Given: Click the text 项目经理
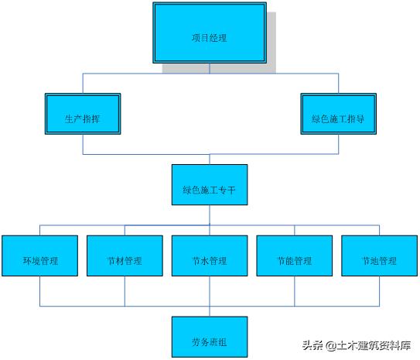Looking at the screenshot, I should [x=210, y=36].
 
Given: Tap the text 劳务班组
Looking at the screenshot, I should [x=210, y=341].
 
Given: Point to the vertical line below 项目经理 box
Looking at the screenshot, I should [x=210, y=68].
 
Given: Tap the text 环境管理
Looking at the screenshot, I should [x=39, y=261].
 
